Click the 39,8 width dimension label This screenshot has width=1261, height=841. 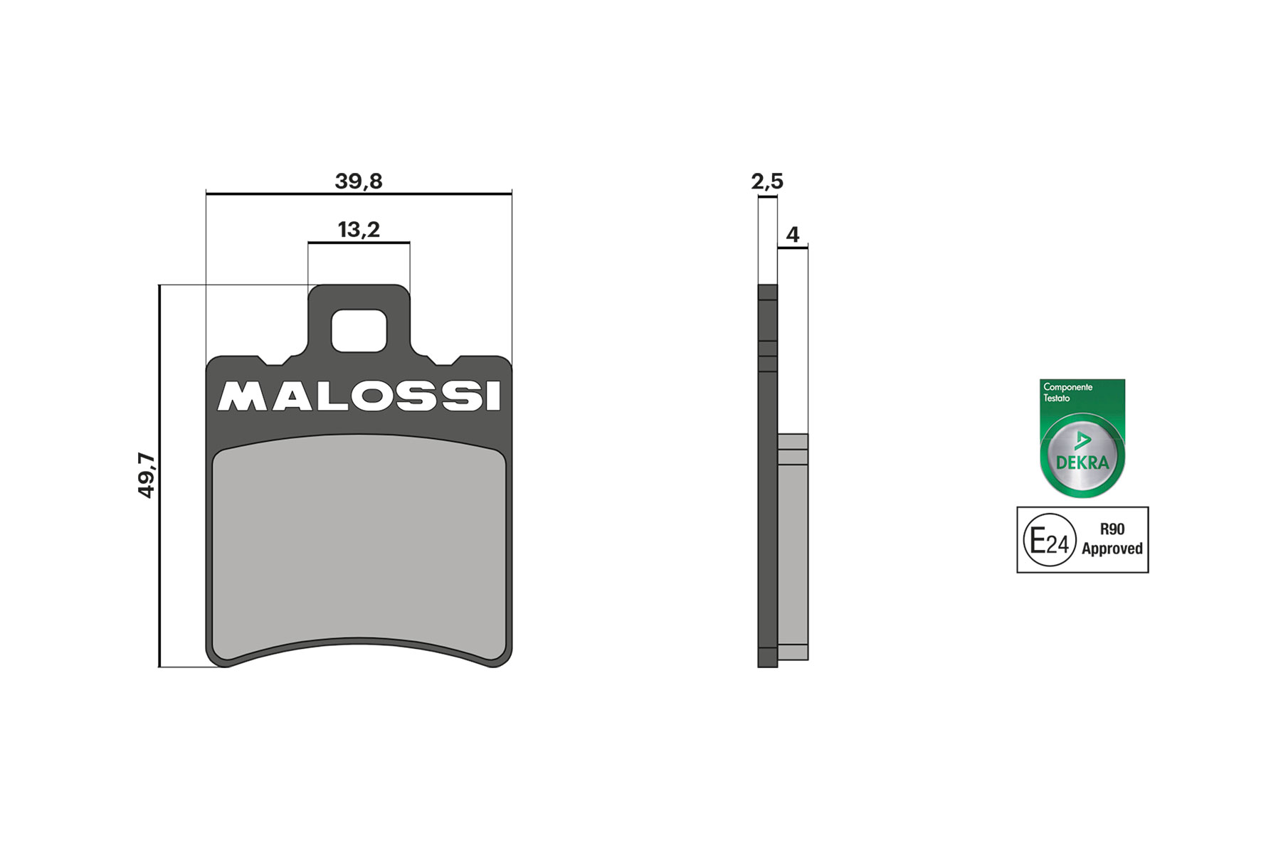pos(359,181)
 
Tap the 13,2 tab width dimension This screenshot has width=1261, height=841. pos(359,230)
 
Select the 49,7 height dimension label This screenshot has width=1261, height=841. pos(146,475)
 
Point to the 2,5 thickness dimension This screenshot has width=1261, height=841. pos(767,181)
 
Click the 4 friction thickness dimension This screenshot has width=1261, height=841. pos(792,234)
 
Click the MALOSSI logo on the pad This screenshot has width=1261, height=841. pos(359,397)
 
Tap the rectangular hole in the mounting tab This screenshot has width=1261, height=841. pos(359,331)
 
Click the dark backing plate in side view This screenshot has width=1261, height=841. pos(767,498)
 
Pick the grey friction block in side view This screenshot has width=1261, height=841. pos(793,548)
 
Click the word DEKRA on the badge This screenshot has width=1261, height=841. pos(1082,462)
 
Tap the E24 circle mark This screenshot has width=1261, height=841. pos(1049,541)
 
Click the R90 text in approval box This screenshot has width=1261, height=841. pos(1112,529)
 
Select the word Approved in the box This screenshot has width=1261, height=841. pos(1112,549)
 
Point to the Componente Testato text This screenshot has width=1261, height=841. pos(1067,392)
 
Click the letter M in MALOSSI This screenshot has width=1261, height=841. pos(240,397)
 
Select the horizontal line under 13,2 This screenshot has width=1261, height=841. pos(359,243)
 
